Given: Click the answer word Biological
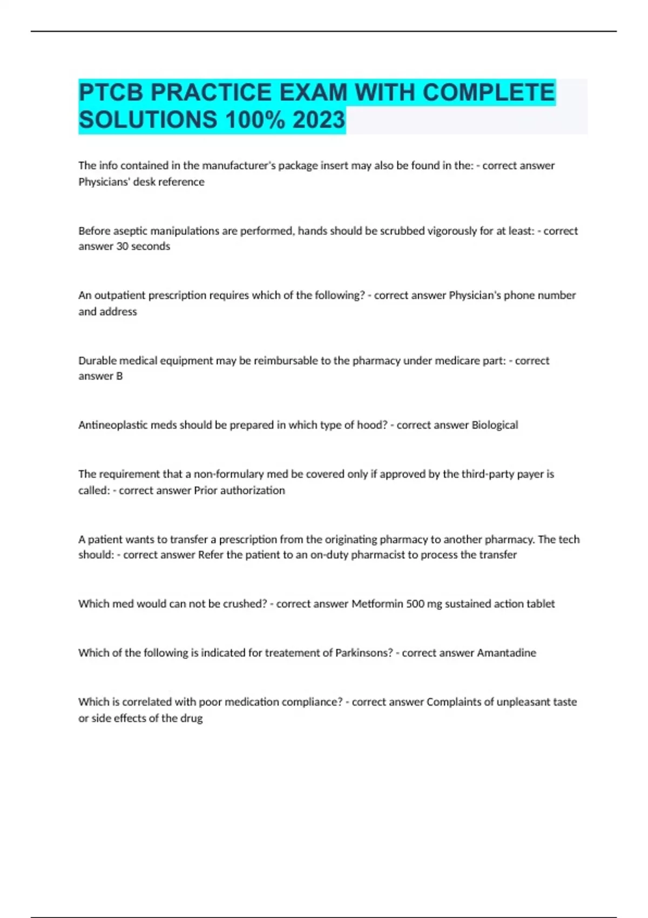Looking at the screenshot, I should coord(495,425).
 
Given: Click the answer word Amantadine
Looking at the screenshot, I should coord(507,653).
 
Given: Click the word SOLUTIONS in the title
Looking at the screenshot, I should coord(148,120).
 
